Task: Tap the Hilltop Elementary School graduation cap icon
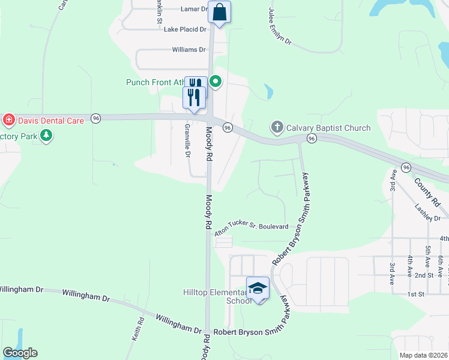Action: (258, 288)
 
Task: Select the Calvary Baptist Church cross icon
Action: (277, 127)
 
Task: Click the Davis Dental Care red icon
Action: (9, 121)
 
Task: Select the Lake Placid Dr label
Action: (185, 29)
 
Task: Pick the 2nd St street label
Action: (423, 275)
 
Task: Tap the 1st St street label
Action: (415, 294)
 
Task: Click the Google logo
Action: (20, 353)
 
